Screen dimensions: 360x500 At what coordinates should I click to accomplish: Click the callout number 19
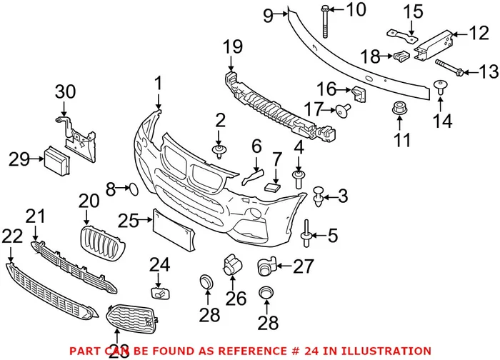pyautogui.click(x=233, y=48)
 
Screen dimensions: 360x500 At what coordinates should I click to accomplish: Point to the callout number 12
pyautogui.click(x=477, y=33)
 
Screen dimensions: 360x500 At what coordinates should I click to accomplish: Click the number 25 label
pyautogui.click(x=129, y=222)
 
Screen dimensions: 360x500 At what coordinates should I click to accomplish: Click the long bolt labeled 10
pyautogui.click(x=325, y=21)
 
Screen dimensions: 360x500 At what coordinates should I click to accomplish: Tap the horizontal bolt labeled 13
pyautogui.click(x=449, y=70)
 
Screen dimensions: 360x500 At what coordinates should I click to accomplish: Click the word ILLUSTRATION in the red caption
pyautogui.click(x=389, y=351)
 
